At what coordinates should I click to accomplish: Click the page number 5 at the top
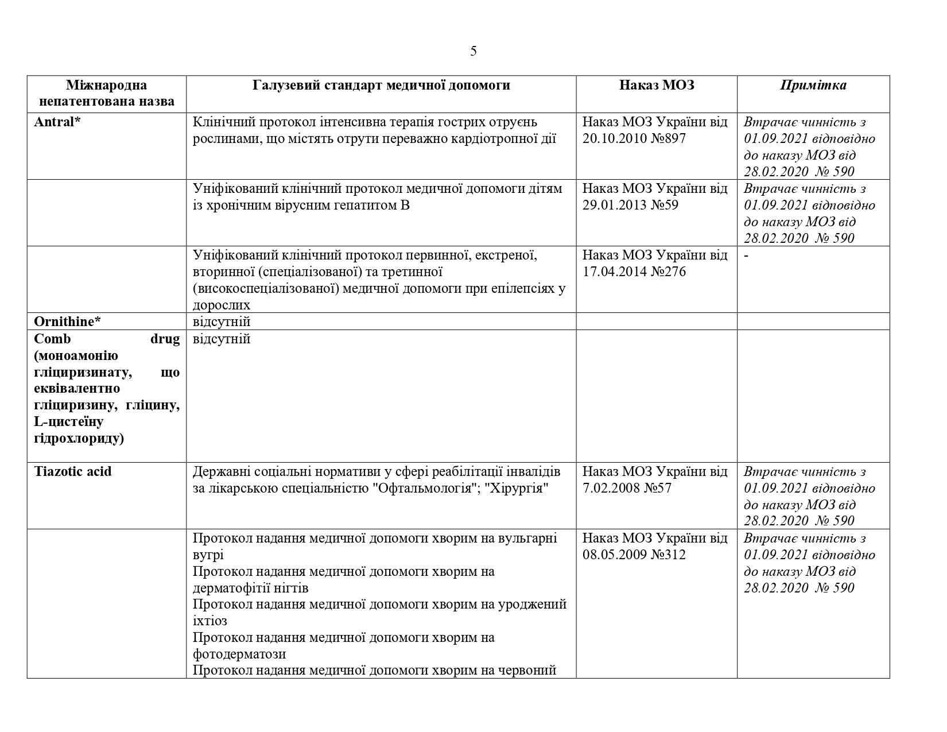[473, 51]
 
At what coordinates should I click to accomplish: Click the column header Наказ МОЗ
[656, 86]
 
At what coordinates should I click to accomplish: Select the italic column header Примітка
[813, 86]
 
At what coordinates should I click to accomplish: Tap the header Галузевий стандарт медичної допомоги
[381, 86]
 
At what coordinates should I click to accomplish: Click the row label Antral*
[57, 122]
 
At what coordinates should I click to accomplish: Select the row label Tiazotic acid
[73, 471]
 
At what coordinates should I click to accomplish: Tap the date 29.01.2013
[615, 205]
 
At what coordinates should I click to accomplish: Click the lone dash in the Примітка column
[746, 255]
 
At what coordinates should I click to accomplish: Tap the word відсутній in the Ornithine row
[222, 322]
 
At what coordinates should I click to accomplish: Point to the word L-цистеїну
[69, 422]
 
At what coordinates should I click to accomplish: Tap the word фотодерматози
[239, 654]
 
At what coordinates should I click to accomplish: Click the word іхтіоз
[209, 621]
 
